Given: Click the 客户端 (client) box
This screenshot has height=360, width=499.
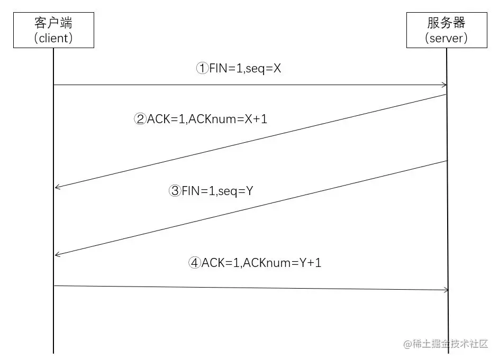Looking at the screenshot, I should [x=53, y=30].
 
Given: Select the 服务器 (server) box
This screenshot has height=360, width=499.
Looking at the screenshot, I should [x=447, y=30].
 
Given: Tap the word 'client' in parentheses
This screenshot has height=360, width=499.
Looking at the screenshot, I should [x=53, y=39].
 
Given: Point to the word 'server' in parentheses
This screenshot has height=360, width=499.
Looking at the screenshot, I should [x=447, y=39].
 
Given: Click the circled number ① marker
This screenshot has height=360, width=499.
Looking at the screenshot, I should [x=203, y=69].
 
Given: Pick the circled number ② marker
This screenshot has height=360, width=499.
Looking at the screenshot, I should [x=140, y=119].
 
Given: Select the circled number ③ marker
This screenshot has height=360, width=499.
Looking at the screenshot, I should [x=175, y=191].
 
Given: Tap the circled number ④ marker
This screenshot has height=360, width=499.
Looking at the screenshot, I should [x=195, y=263].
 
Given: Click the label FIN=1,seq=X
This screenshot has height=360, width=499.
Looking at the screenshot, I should [x=244, y=69].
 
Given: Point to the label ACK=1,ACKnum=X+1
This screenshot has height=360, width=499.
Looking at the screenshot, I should [x=207, y=119].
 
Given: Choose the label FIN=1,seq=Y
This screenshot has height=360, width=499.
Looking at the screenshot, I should [x=217, y=191].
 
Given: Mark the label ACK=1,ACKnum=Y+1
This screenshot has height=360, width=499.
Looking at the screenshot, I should [x=261, y=263].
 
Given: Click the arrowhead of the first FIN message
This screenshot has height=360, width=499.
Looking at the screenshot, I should [x=444, y=85].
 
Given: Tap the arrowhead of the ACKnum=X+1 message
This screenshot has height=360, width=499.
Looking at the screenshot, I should [x=57, y=187].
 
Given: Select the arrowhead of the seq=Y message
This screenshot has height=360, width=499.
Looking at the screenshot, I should [x=57, y=255].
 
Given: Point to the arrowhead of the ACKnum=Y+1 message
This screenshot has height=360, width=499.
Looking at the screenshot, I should [x=446, y=290].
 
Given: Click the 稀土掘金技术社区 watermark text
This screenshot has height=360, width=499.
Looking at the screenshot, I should [x=450, y=344].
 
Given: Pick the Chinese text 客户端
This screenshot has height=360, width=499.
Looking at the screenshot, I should [x=53, y=23].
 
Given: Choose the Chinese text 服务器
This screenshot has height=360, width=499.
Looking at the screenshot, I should [x=447, y=23].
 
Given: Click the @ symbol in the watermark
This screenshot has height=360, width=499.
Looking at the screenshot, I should [x=407, y=344].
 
